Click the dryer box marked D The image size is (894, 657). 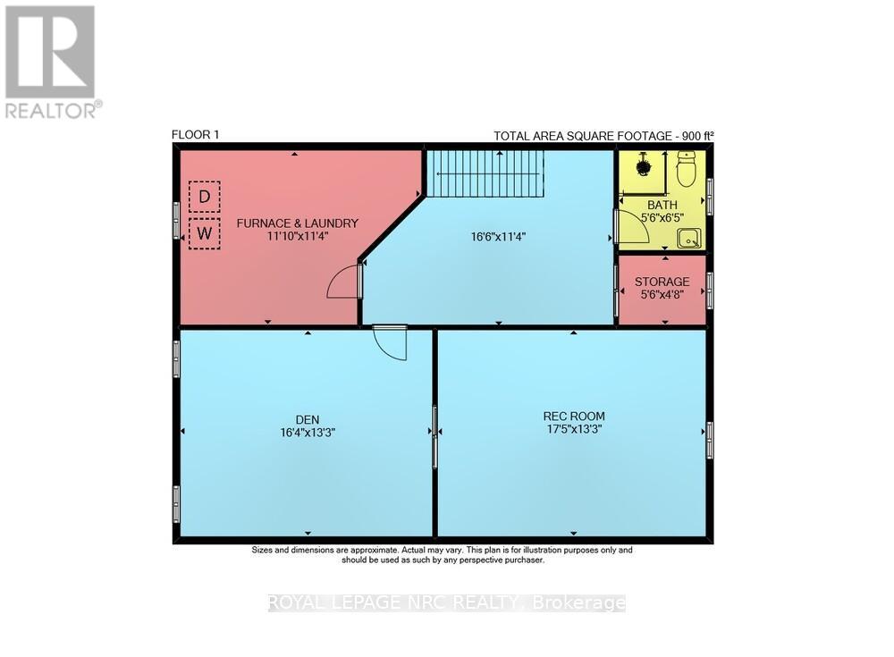[x=204, y=197]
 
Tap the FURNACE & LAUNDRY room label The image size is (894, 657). [x=297, y=223]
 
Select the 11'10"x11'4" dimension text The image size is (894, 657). [x=297, y=237]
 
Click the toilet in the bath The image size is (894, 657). [x=687, y=169]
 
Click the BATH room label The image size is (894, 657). [x=662, y=204]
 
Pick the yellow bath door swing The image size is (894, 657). [x=631, y=227]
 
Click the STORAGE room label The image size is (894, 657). [x=662, y=282]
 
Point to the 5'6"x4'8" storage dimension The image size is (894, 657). [x=662, y=296]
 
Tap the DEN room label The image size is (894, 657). [x=307, y=418]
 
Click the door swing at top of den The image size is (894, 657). [x=390, y=342]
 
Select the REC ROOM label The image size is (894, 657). [x=574, y=416]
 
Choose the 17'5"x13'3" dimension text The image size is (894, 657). [x=574, y=430]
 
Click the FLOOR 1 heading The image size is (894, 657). [x=195, y=135]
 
